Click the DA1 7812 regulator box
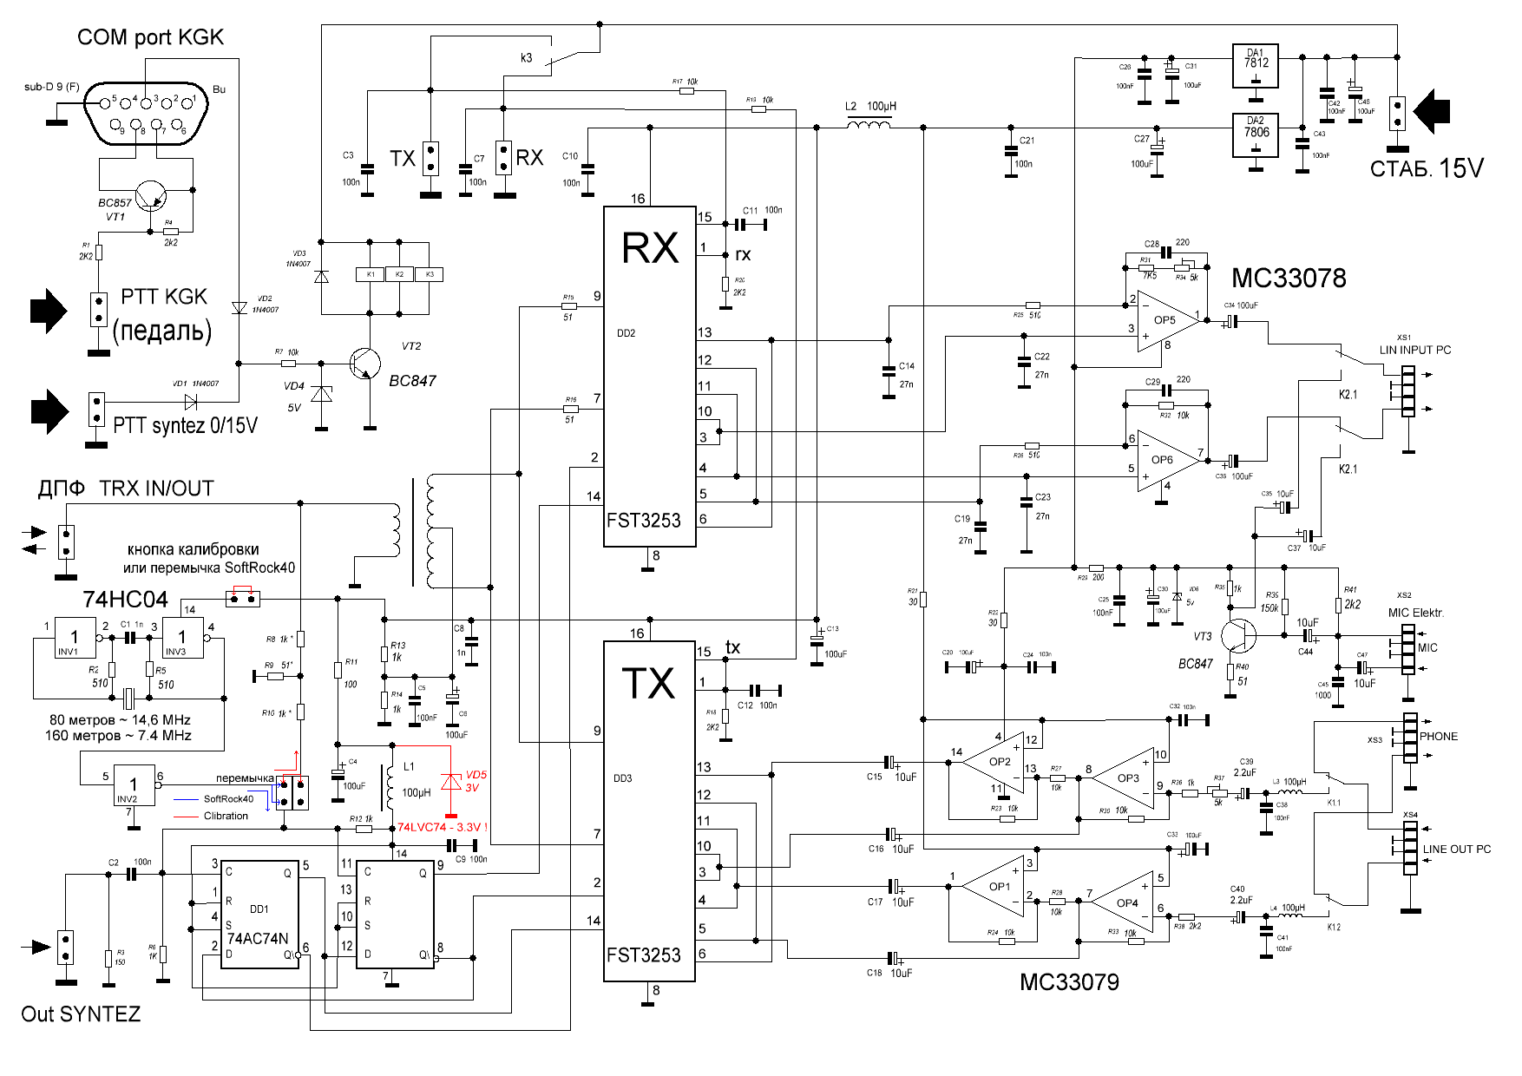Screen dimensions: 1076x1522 click(x=1256, y=66)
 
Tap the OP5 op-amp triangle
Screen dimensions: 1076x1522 click(x=1166, y=321)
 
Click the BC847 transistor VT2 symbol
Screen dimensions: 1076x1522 click(x=364, y=364)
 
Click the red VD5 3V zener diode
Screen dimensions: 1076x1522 click(x=450, y=782)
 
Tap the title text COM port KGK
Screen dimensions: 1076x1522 click(x=150, y=37)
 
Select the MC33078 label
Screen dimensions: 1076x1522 click(x=1289, y=279)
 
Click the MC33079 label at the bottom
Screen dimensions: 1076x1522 click(x=1069, y=982)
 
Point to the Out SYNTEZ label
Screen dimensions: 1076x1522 click(x=81, y=1014)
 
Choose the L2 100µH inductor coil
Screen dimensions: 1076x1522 click(x=868, y=127)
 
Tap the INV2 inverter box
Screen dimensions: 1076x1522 click(x=134, y=786)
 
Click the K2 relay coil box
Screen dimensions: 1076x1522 click(x=400, y=274)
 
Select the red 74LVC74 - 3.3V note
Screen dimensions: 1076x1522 click(x=442, y=827)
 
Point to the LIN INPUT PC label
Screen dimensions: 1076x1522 click(x=1415, y=350)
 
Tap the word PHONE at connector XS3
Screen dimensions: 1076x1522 click(x=1439, y=736)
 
